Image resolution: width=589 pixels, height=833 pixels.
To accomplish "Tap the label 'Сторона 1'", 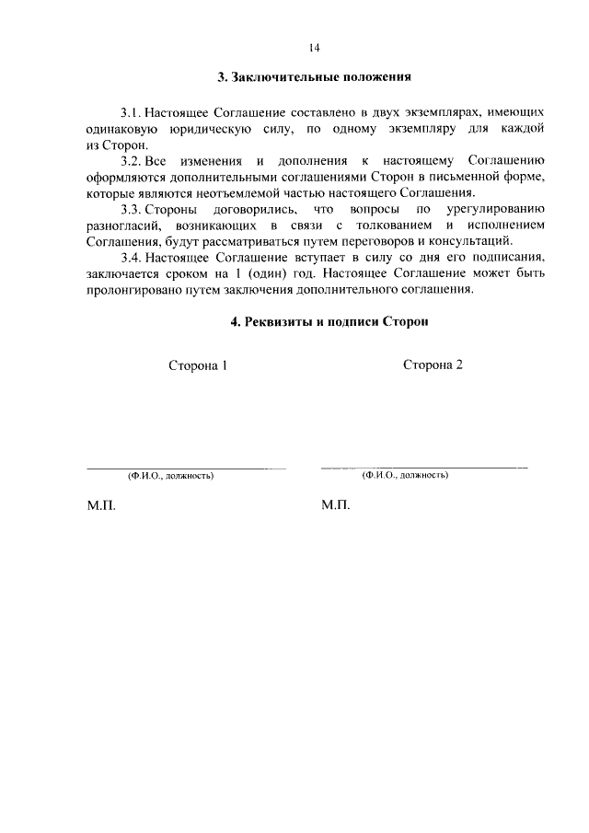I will [x=197, y=365].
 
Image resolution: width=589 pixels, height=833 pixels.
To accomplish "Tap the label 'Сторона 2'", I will [x=433, y=364].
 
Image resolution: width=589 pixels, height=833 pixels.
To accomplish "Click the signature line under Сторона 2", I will [x=423, y=468].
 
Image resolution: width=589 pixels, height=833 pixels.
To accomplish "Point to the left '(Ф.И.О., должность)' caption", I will [x=170, y=477].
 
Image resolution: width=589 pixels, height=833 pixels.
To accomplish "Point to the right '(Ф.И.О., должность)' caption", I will [x=405, y=476].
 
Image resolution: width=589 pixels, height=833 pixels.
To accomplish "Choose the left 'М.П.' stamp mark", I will [x=100, y=506].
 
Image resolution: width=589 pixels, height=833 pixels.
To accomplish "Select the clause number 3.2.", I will [x=132, y=160].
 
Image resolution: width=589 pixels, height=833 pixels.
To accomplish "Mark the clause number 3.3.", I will [x=132, y=210].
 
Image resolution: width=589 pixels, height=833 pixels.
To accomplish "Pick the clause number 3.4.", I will [x=132, y=259].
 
